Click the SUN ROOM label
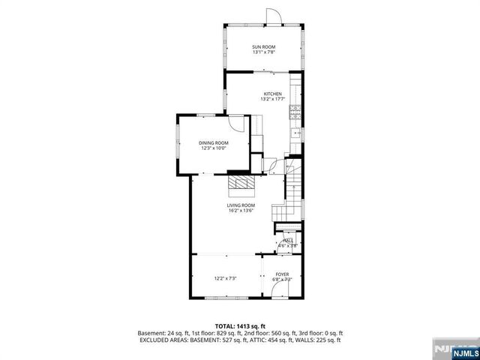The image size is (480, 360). point(263,46)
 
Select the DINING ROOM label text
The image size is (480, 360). point(214,142)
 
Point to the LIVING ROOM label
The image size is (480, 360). point(241,205)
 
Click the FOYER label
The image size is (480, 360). point(281,274)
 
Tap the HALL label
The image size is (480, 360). point(287,241)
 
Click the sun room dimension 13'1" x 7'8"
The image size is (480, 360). point(263,52)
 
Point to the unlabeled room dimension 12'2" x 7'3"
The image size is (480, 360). point(225,279)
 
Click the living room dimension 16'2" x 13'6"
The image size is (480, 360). point(241,210)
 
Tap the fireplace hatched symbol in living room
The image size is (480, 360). point(241,184)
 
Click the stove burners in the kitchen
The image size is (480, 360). point(295,113)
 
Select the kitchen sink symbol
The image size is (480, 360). point(295,134)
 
